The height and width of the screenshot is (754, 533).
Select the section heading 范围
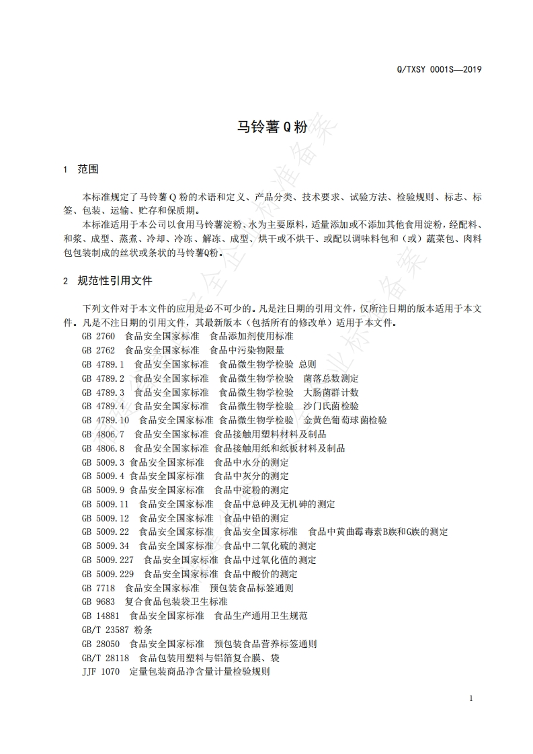[x=88, y=170]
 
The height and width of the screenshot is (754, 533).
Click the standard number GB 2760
[x=99, y=336]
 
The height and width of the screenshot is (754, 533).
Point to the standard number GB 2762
[x=99, y=350]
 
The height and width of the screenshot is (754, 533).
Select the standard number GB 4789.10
[x=106, y=420]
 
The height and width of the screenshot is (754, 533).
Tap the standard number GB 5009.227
[x=108, y=560]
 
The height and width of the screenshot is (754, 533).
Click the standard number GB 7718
[x=99, y=588]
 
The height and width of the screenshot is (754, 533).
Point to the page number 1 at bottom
[x=471, y=699]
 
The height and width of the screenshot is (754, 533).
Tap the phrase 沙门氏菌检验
[x=331, y=406]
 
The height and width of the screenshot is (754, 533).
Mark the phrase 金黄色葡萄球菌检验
[x=345, y=420]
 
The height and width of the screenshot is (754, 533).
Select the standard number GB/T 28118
[x=106, y=658]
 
